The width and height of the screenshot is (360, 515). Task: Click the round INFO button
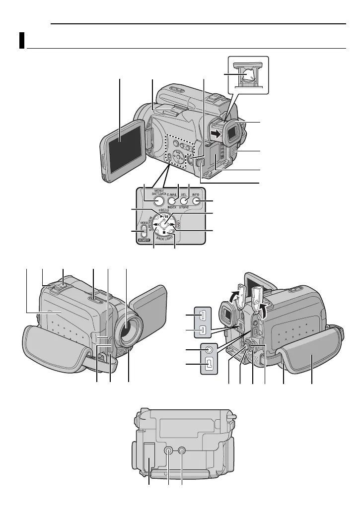pos(197,201)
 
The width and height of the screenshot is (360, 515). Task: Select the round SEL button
pos(184,201)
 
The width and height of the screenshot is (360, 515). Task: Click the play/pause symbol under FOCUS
pos(164,216)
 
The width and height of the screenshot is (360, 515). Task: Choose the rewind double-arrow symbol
pos(155,224)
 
